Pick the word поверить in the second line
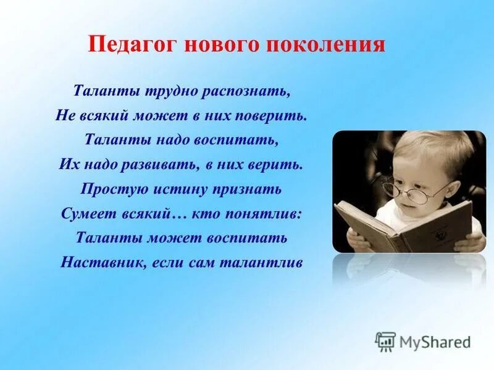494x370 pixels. (x=274, y=115)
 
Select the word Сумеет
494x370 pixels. (x=85, y=213)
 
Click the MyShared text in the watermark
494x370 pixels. (x=435, y=341)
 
